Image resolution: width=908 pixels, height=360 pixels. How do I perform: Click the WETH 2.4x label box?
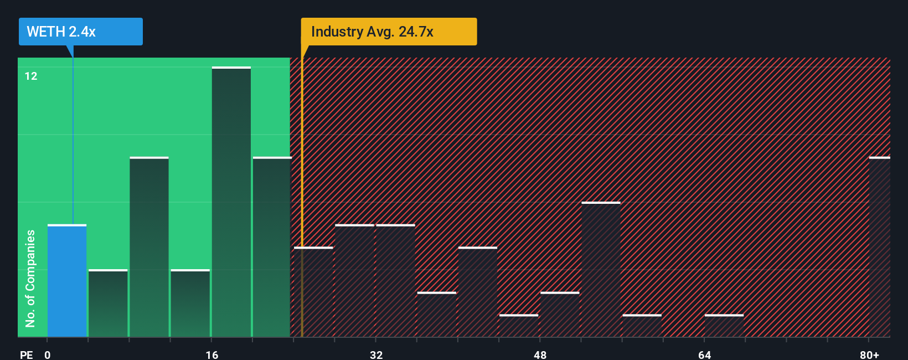80,32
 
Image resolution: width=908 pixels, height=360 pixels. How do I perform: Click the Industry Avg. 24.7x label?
388,32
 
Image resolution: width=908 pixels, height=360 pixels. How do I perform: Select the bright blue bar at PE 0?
67,281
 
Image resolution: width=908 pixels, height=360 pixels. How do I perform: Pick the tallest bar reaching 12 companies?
231,202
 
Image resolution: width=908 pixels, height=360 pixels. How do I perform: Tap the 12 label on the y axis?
31,76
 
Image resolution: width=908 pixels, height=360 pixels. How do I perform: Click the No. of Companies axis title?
30,278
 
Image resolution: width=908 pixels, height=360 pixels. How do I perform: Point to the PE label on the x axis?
27,354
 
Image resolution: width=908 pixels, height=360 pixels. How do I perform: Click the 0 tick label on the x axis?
48,354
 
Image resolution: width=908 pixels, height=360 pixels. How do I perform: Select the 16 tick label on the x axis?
212,354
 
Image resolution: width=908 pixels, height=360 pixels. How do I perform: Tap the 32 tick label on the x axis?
376,354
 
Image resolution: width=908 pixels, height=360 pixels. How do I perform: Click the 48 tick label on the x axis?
540,354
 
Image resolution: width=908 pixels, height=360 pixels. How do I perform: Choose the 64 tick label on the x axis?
704,354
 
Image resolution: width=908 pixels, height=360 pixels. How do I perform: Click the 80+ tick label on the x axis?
869,354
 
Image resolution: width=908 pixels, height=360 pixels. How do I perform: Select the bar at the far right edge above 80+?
879,247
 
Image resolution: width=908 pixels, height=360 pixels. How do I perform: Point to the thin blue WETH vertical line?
73,138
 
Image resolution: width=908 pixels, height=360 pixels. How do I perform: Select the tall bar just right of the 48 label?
601,269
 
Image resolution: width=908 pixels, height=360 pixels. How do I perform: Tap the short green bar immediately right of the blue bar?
108,304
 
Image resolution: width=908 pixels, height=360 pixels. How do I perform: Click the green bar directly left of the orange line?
272,247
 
